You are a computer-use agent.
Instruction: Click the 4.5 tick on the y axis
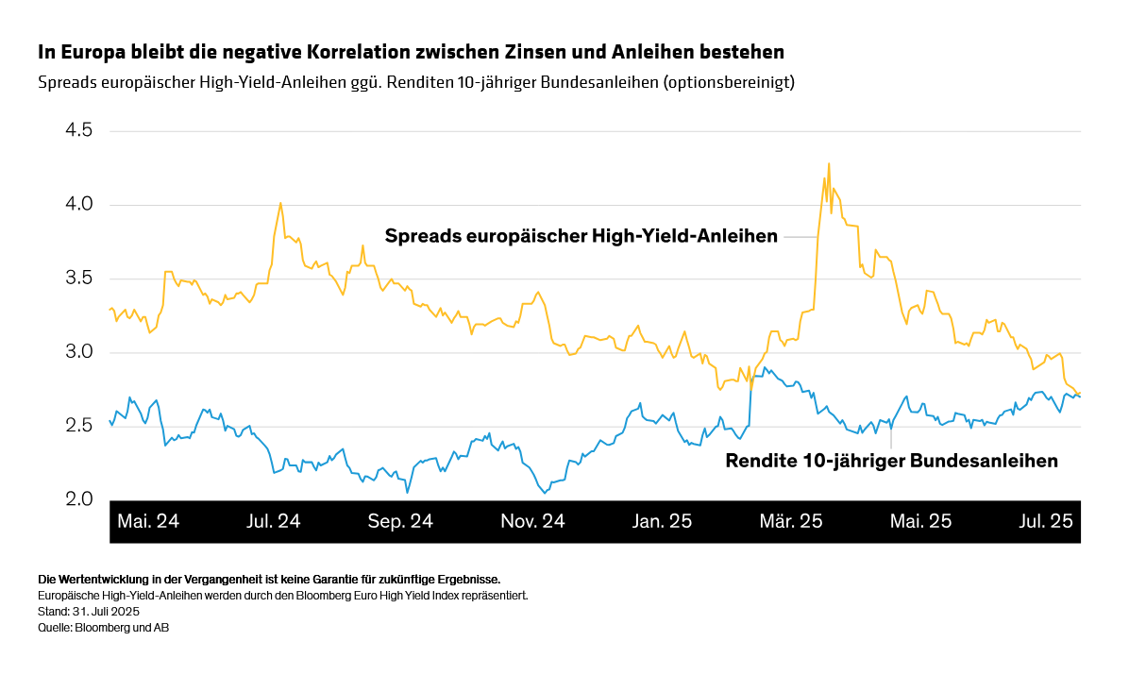(78, 130)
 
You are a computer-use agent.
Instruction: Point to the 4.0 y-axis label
(78, 204)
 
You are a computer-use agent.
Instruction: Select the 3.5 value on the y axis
(78, 278)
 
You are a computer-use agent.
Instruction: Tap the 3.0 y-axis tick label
(78, 352)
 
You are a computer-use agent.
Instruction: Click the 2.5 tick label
(78, 426)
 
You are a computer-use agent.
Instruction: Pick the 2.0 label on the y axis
(78, 499)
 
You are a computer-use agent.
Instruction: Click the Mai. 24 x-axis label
(148, 521)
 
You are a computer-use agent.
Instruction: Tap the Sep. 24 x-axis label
(400, 521)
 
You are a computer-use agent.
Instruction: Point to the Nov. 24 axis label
(531, 521)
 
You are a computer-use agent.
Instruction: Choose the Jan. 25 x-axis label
(662, 521)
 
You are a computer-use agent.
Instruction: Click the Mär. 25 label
(791, 521)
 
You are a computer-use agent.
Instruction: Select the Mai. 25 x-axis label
(920, 521)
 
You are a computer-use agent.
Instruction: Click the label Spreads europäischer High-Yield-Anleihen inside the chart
(581, 236)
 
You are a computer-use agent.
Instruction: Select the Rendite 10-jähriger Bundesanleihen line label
(891, 462)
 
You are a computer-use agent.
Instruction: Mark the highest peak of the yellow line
(829, 164)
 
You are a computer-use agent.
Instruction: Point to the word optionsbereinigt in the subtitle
(728, 82)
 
